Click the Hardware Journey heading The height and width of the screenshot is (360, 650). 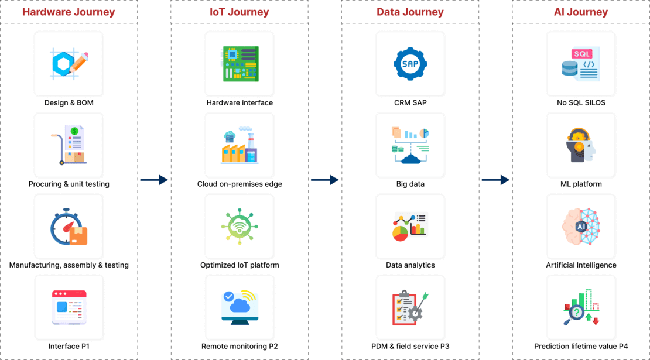[x=69, y=12]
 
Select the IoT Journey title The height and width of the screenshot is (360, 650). [x=240, y=12]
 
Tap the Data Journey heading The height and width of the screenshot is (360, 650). [x=410, y=12]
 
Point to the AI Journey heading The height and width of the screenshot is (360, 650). [x=581, y=12]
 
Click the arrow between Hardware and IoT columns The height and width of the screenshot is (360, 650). [x=154, y=180]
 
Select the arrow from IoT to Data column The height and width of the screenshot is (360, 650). [x=324, y=180]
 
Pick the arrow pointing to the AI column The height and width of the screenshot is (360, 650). [x=495, y=180]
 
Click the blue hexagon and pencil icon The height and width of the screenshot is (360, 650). [x=69, y=63]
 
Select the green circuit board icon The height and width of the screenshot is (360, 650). [x=240, y=63]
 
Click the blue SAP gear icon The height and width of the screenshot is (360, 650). [x=410, y=63]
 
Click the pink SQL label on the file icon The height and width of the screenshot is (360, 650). [x=582, y=54]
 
